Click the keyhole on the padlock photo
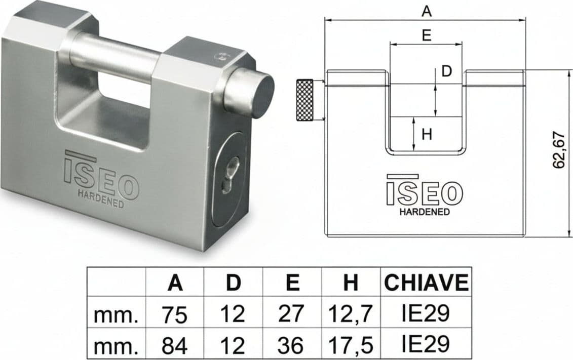[x=230, y=175]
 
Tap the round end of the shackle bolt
[x=264, y=96]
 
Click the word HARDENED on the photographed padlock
[x=101, y=198]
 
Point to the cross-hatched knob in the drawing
[x=304, y=99]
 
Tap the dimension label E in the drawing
[x=427, y=35]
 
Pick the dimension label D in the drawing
[x=446, y=71]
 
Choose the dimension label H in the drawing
[x=427, y=134]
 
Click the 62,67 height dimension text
[x=559, y=150]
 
